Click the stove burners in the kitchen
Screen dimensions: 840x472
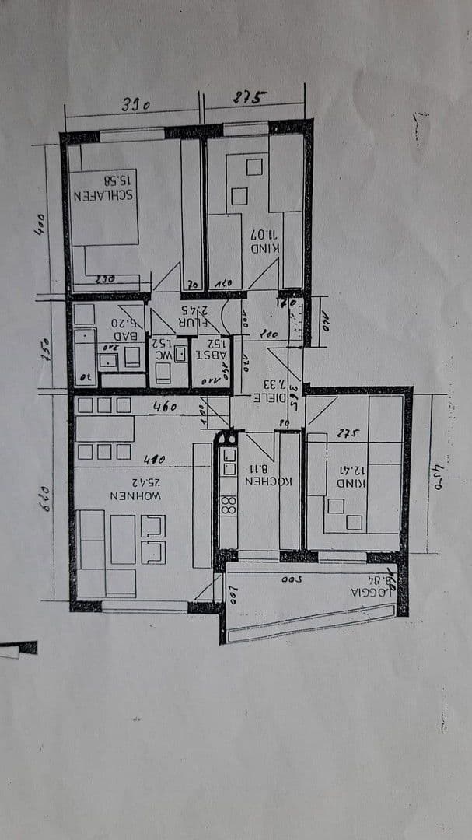point(229,505)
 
